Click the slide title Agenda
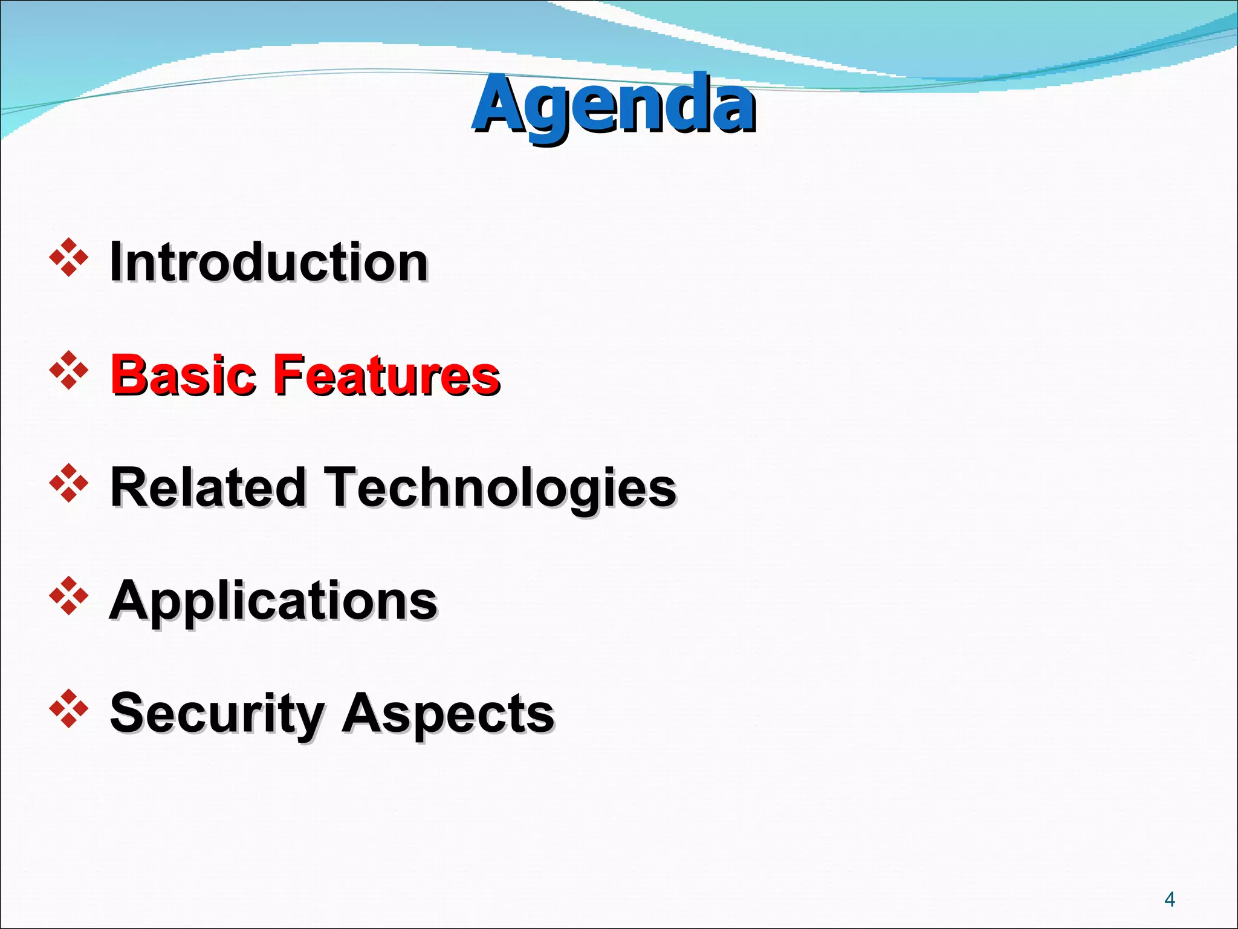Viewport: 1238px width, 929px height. point(613,104)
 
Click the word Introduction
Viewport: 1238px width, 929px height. point(268,262)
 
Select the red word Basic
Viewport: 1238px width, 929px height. point(183,375)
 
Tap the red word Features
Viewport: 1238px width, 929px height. point(387,375)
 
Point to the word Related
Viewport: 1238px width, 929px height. point(208,487)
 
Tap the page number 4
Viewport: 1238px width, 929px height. point(1169,899)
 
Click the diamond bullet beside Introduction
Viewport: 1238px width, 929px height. point(68,258)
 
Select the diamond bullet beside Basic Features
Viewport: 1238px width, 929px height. point(68,370)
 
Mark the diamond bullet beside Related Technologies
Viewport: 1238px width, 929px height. point(68,483)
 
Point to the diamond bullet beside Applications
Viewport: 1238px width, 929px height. point(68,596)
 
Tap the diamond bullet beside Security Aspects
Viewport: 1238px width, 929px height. point(68,708)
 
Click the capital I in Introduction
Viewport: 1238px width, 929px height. point(115,262)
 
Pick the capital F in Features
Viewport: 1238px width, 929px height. point(289,375)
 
